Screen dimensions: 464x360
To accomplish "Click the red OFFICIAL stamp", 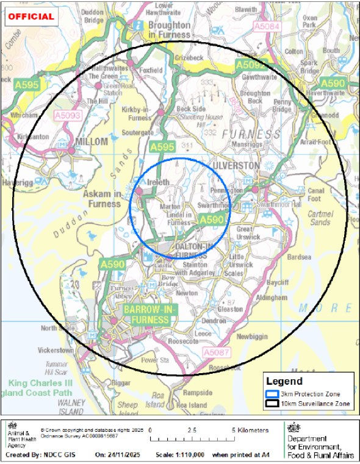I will click(31, 16).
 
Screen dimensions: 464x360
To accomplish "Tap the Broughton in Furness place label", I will click(168, 30).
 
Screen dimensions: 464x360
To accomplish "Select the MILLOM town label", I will click(90, 141).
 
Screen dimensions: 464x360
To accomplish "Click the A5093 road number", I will click(68, 114).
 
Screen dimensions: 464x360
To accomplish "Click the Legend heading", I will click(285, 381).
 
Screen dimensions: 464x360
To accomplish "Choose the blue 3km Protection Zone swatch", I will click(272, 394).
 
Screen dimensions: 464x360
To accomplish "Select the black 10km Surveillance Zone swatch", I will click(272, 404).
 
